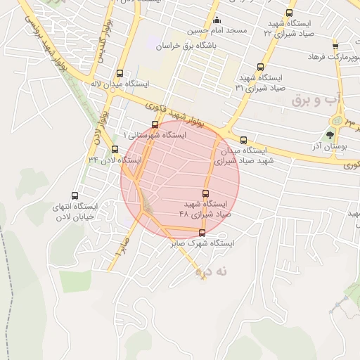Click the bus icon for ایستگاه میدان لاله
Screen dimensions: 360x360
pos(120,73)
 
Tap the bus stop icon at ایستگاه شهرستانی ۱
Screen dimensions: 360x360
pos(155,124)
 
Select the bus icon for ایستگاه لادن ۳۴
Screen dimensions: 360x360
pos(115,149)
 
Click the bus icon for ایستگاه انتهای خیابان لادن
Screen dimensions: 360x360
pos(75,196)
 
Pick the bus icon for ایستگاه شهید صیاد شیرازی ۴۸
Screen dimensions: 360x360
pos(206,193)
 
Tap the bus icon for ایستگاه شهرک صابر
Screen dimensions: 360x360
pos(202,233)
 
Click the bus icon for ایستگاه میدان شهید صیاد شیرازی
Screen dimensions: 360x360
pos(244,140)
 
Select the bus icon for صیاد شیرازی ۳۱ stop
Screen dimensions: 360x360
pos(261,67)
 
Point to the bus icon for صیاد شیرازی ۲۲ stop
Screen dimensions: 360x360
pos(290,14)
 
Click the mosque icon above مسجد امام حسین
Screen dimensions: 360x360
pos(217,20)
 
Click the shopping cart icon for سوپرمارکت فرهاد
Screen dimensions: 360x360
pos(335,44)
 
